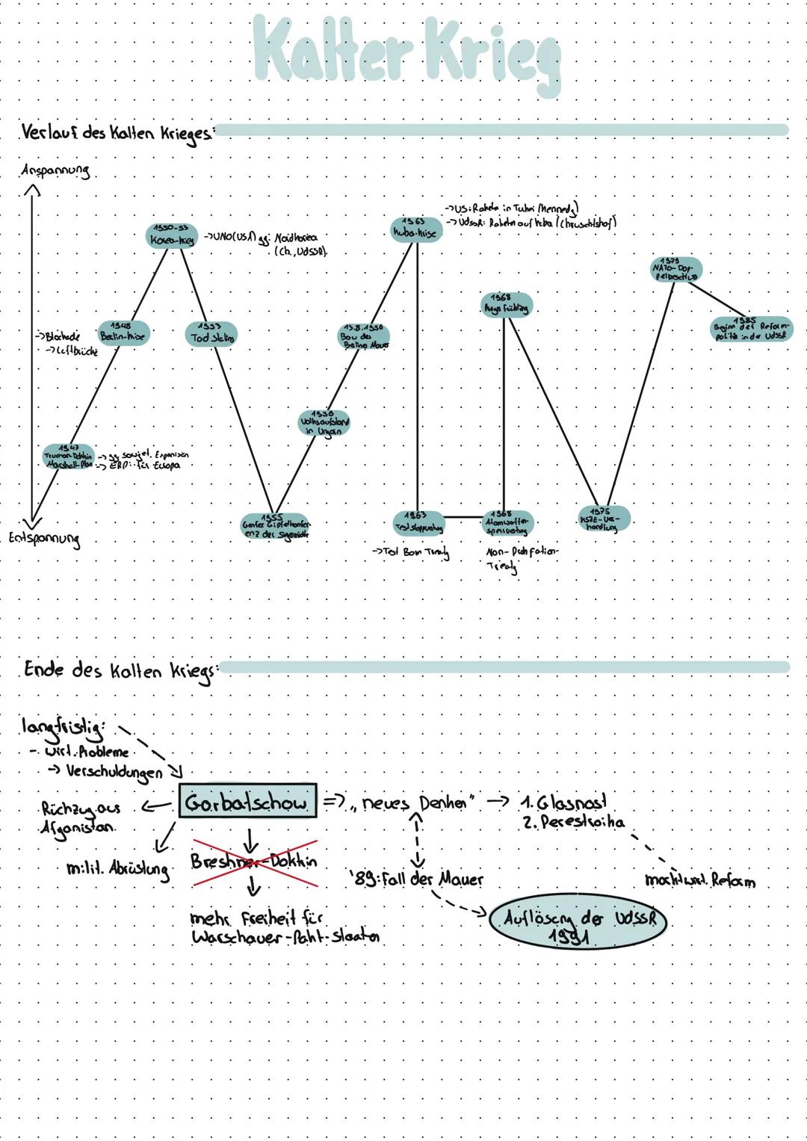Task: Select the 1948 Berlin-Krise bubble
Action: pos(123,332)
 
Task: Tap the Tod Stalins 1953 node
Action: pos(211,333)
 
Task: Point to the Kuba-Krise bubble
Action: pos(415,229)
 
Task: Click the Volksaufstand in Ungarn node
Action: pos(324,423)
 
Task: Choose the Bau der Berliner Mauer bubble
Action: pos(364,336)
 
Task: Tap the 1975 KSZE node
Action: pos(604,519)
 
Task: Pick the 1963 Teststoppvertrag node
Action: pos(418,522)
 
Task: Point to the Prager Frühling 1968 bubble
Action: pos(506,304)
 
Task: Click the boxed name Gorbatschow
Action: pos(247,804)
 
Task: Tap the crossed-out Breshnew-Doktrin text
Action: pos(254,862)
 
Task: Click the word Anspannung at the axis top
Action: pos(56,170)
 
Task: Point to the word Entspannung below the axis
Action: pos(45,538)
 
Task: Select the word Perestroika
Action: pos(575,823)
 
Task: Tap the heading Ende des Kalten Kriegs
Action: pos(120,670)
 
